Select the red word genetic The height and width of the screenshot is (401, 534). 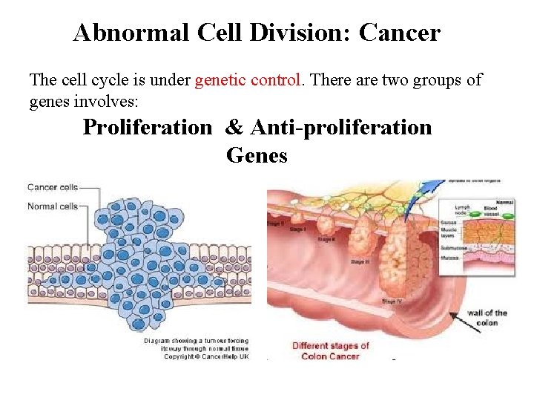pyautogui.click(x=219, y=79)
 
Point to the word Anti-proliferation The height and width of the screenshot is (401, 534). pyautogui.click(x=341, y=128)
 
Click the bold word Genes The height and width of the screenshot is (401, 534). pyautogui.click(x=257, y=156)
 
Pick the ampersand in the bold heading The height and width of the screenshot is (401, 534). pyautogui.click(x=234, y=128)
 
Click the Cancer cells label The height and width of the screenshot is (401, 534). pyautogui.click(x=52, y=187)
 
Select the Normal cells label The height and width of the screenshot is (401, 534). pyautogui.click(x=52, y=206)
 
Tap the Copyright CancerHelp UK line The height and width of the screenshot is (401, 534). pyautogui.click(x=195, y=356)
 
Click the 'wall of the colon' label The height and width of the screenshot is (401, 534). pyautogui.click(x=487, y=317)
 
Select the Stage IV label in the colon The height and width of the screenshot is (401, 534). pyautogui.click(x=392, y=301)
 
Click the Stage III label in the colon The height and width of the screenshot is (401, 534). pyautogui.click(x=360, y=261)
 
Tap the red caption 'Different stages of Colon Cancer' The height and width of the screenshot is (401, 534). pyautogui.click(x=331, y=351)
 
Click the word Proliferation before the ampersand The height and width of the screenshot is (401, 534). pyautogui.click(x=147, y=128)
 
